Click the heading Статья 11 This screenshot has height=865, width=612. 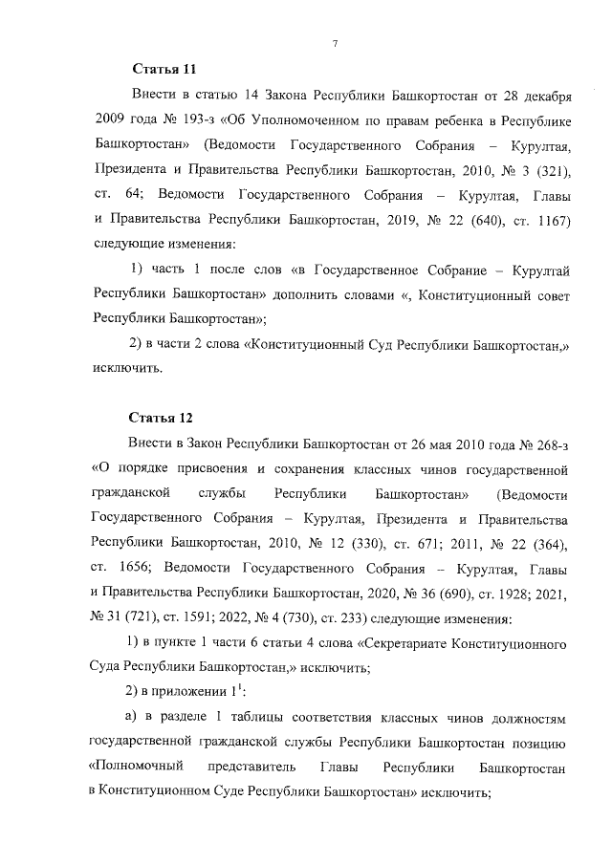click(x=163, y=70)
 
